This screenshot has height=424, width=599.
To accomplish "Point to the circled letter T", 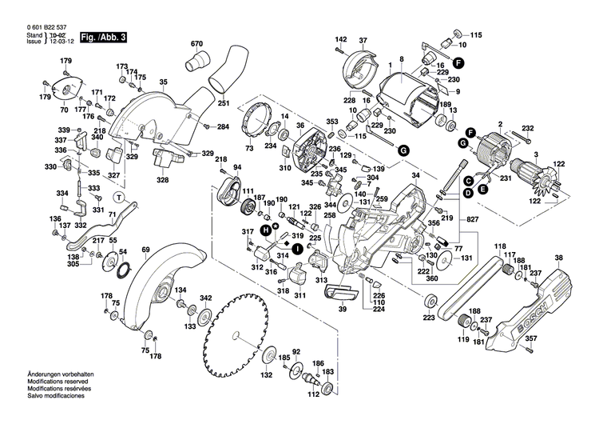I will (x=119, y=197).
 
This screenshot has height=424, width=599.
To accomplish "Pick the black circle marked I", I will (x=296, y=249).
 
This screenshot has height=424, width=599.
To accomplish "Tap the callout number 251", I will (x=223, y=104).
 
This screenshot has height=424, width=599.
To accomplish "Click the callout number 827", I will (x=473, y=219).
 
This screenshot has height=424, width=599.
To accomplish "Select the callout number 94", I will (x=236, y=167).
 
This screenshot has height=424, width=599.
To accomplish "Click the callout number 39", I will (x=341, y=309).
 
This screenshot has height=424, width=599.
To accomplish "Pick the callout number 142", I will (x=340, y=40).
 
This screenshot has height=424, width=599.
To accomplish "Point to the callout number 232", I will (x=526, y=127).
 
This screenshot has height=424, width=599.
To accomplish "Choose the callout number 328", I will (x=162, y=180).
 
